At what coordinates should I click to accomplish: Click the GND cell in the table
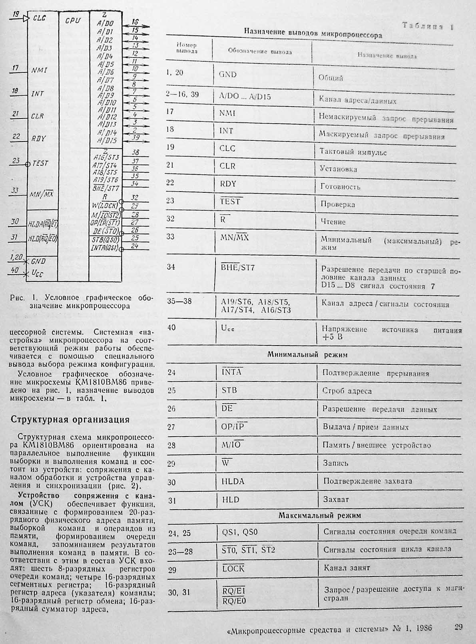[227, 75]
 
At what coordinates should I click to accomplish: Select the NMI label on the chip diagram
[39, 71]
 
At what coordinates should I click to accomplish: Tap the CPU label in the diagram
[72, 20]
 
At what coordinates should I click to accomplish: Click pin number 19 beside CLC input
[16, 14]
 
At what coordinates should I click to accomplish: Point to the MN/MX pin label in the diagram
[41, 194]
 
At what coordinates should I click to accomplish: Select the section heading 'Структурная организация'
[70, 419]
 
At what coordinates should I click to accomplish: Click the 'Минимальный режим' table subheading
[307, 354]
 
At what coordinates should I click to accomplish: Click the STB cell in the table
[229, 390]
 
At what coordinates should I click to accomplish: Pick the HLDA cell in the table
[233, 482]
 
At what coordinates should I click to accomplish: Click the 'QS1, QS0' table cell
[240, 532]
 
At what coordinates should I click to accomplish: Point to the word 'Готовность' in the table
[340, 187]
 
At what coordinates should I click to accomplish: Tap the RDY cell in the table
[228, 184]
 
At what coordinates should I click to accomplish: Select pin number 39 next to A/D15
[135, 138]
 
